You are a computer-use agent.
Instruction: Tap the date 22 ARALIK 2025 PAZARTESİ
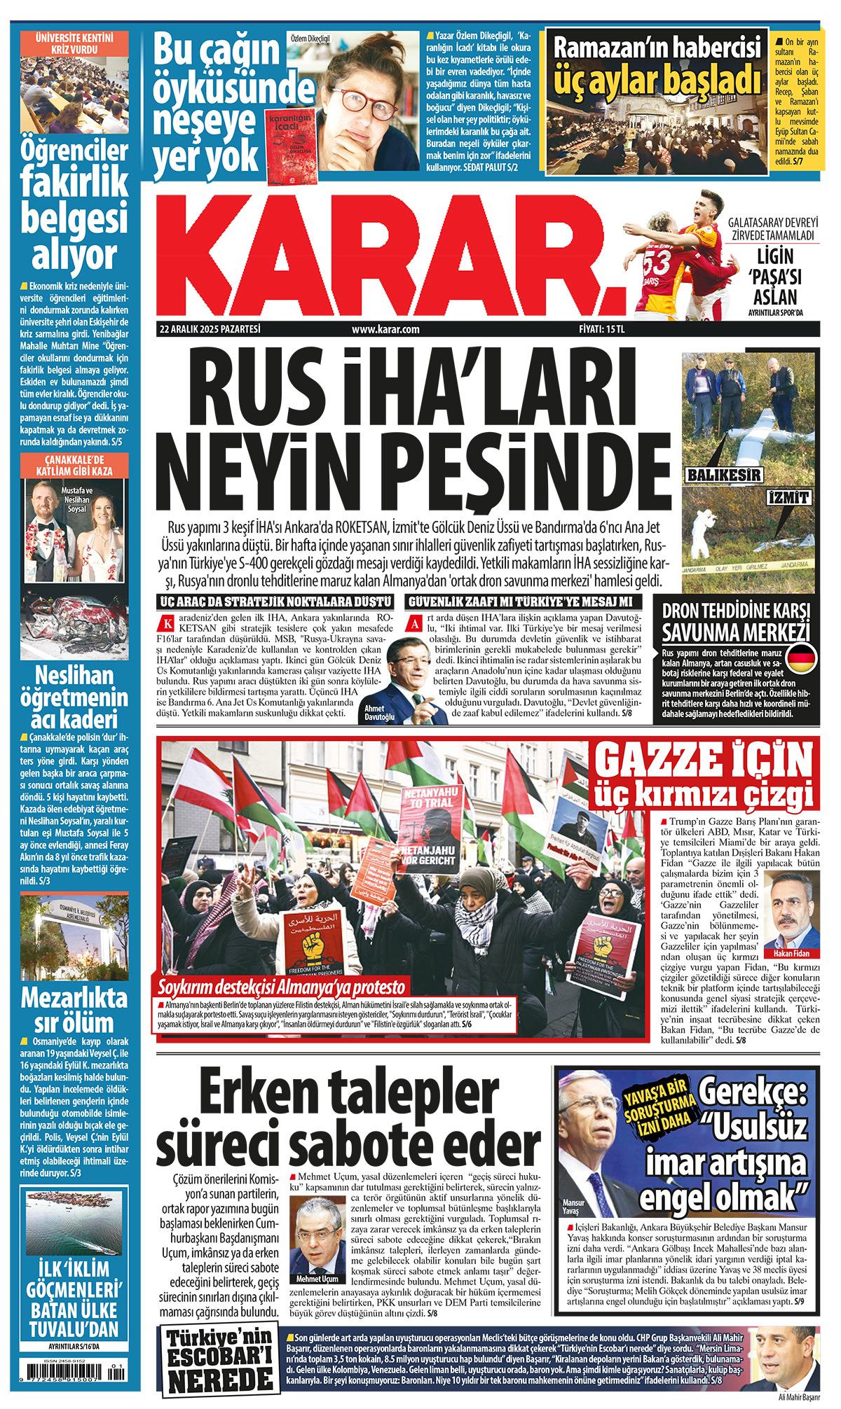(210, 329)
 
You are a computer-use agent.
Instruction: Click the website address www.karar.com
(385, 329)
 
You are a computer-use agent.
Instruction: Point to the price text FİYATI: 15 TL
(601, 329)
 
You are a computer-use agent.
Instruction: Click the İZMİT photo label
(789, 498)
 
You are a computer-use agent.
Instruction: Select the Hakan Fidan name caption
(791, 953)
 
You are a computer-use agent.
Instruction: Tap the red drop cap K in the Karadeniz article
(167, 623)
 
